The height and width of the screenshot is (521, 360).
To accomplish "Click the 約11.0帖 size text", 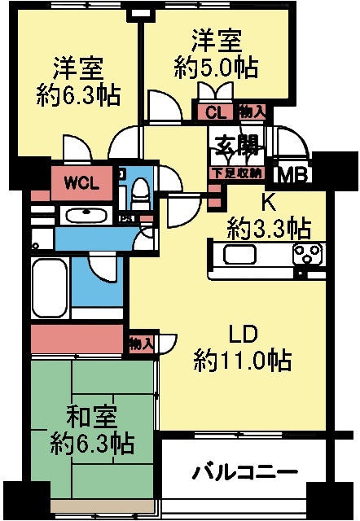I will click(243, 360).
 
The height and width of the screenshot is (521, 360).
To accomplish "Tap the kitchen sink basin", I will click(233, 254).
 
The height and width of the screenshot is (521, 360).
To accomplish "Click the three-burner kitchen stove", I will click(307, 254).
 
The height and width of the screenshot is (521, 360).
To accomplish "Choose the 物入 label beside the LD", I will click(141, 344).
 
